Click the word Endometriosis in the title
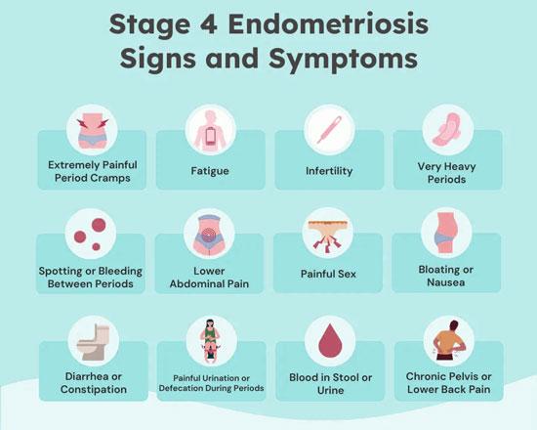click(328, 24)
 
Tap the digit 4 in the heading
click(208, 24)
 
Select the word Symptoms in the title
click(343, 59)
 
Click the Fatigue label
click(210, 171)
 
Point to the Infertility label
click(329, 171)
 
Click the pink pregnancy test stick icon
click(329, 130)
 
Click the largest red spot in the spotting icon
click(99, 226)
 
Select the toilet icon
click(94, 343)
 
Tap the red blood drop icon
click(330, 340)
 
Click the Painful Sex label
click(328, 274)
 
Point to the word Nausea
click(446, 282)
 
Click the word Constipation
click(94, 390)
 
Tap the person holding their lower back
click(449, 340)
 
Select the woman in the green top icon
click(211, 341)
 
